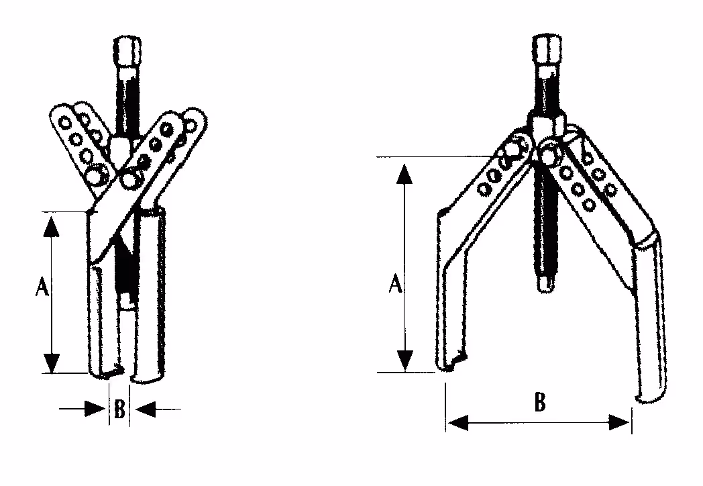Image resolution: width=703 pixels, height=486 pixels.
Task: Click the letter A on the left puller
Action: [x=42, y=287]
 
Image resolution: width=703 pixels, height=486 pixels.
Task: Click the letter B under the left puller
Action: [x=119, y=409]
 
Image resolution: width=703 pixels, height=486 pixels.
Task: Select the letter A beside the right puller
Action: [x=395, y=283]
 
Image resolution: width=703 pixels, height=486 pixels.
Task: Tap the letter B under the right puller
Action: [x=540, y=401]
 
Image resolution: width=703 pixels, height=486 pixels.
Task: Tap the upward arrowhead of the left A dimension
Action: [x=52, y=227]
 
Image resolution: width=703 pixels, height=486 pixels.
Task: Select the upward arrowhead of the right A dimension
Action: [x=405, y=174]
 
